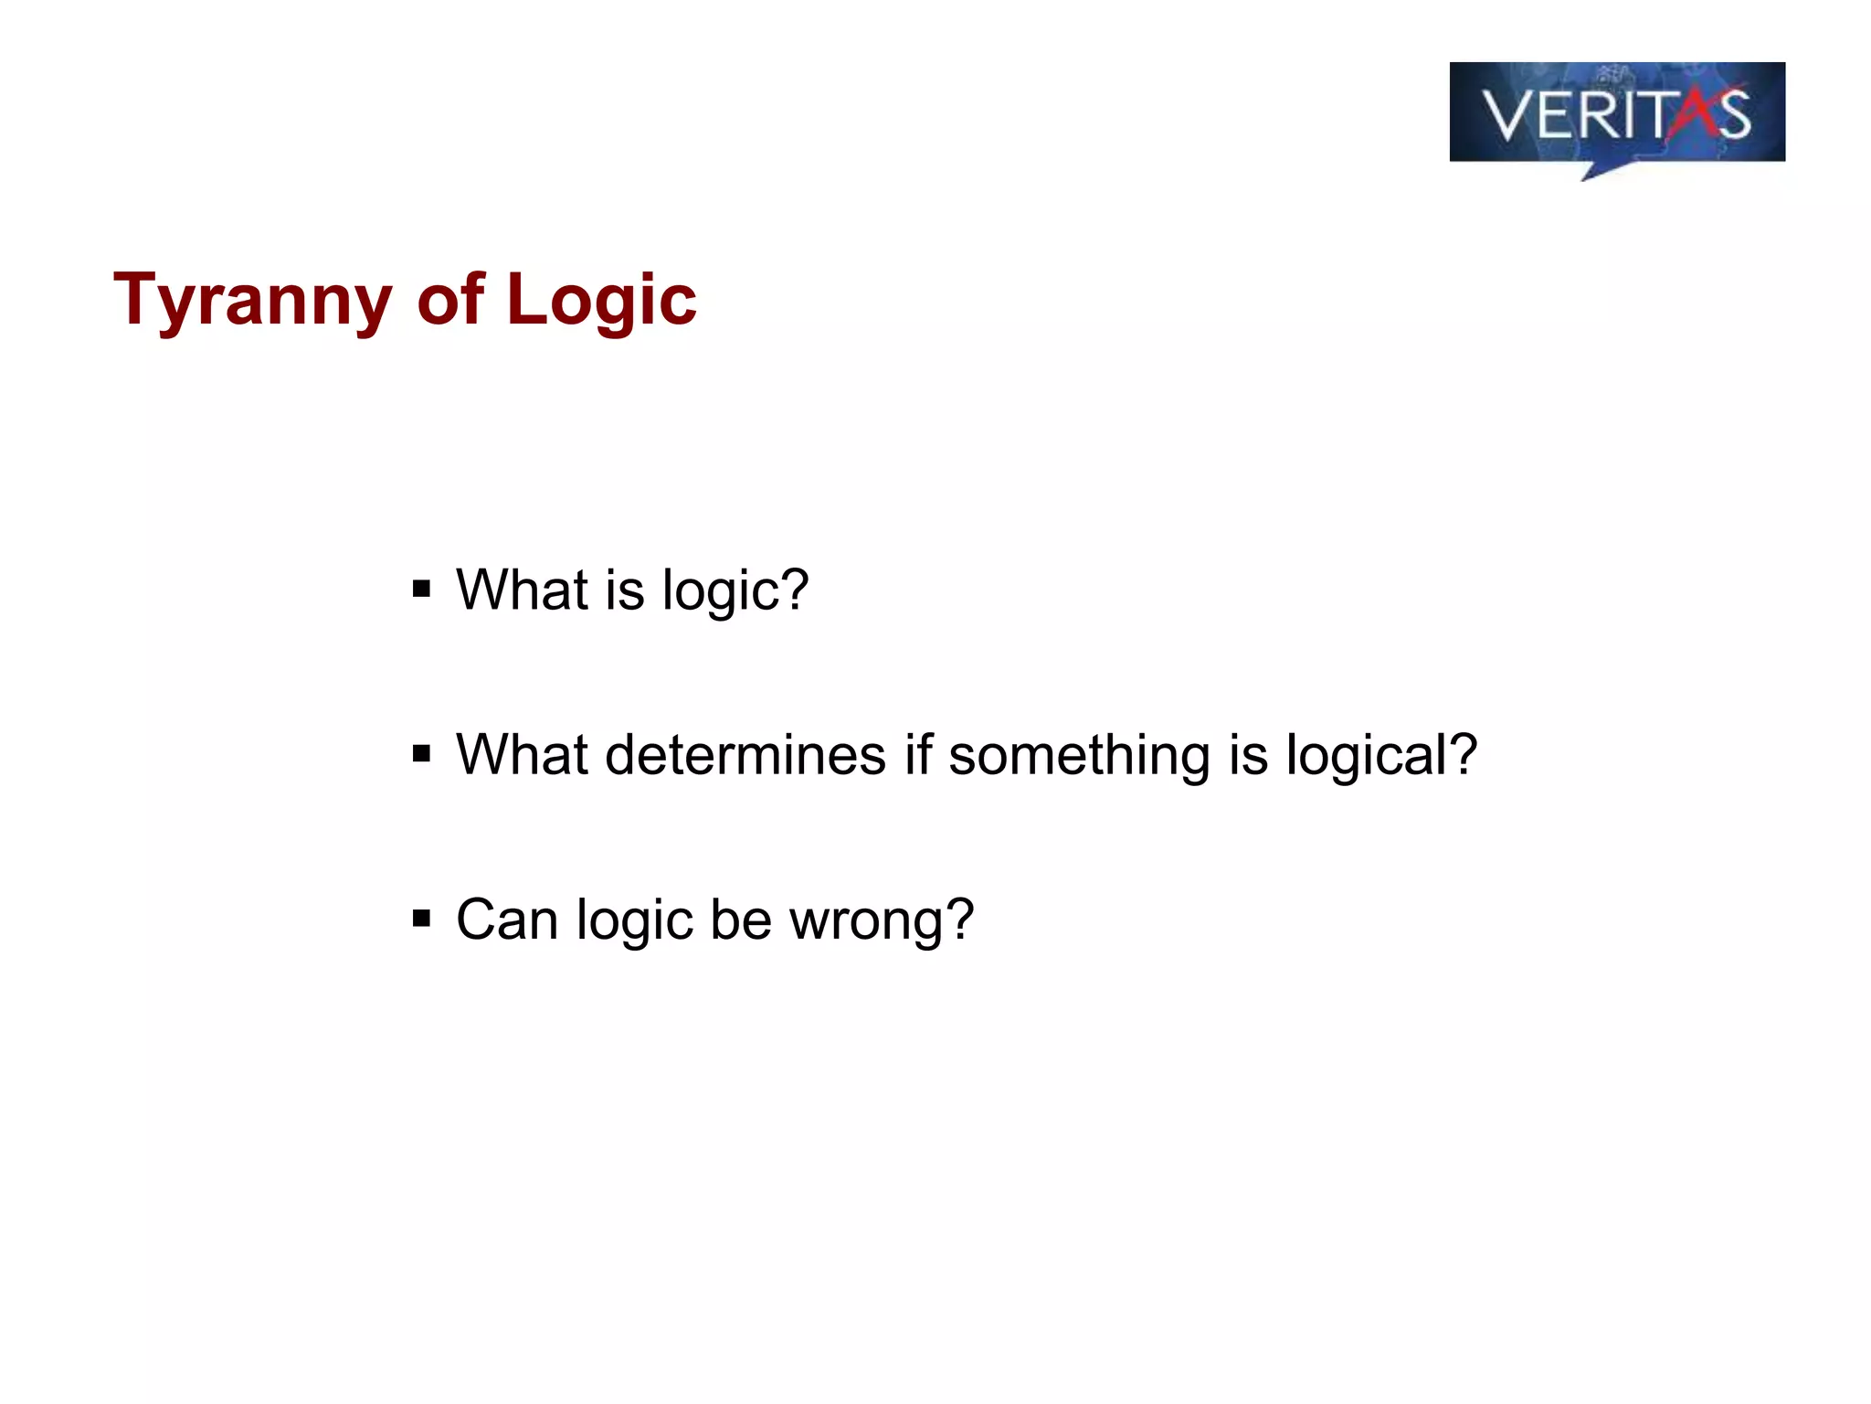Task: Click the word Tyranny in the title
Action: point(252,300)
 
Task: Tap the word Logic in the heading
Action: point(601,300)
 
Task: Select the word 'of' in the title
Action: point(449,300)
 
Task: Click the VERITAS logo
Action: point(1616,113)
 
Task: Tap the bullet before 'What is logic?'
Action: point(421,589)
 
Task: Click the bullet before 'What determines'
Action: point(421,754)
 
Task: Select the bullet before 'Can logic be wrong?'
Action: point(421,918)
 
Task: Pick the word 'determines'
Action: point(745,755)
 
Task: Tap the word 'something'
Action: point(1079,755)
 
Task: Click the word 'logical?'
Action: point(1380,755)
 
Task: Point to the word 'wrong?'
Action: point(881,920)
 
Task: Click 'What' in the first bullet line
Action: point(522,590)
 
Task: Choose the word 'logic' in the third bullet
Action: point(634,920)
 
